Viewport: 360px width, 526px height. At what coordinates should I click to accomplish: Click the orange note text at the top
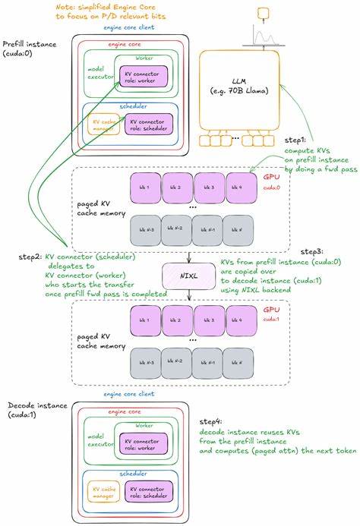click(115, 11)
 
